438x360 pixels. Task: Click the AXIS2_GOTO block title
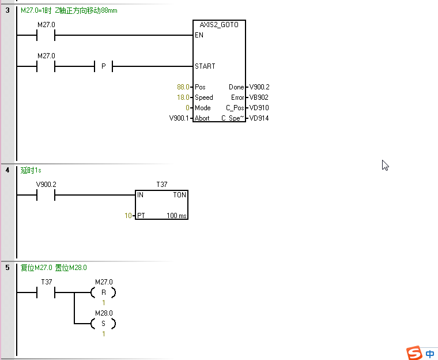point(219,25)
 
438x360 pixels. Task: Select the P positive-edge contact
point(103,66)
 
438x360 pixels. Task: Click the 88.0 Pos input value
point(183,87)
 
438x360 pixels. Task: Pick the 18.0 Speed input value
point(183,97)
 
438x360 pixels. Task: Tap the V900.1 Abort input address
point(179,118)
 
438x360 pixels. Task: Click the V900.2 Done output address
point(259,87)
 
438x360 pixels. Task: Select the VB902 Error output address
point(259,97)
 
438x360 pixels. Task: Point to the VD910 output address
point(259,108)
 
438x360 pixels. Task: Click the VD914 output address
point(259,118)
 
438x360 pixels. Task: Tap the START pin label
point(205,66)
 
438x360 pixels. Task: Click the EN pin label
point(199,35)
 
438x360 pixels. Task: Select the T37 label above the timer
point(162,185)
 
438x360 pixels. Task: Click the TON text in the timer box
point(179,195)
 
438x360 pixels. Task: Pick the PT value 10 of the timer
point(129,216)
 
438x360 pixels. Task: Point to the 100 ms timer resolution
point(176,216)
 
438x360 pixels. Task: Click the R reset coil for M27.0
point(103,292)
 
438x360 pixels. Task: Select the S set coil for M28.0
point(103,324)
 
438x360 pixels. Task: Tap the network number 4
point(7,170)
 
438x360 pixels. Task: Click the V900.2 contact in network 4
point(46,196)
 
